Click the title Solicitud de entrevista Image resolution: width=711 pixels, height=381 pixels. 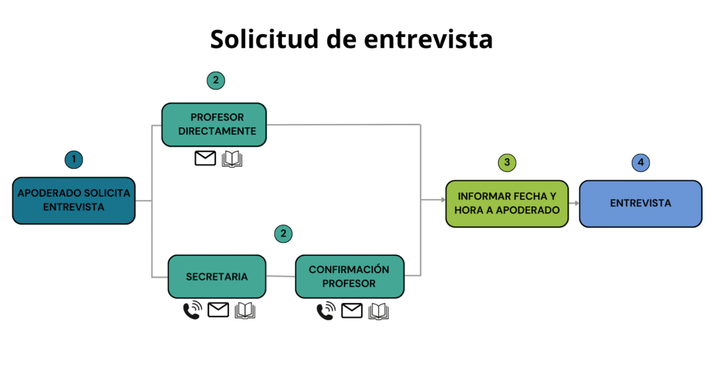[x=351, y=39]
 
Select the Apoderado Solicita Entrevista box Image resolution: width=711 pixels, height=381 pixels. [x=74, y=200]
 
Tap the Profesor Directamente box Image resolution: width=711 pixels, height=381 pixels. [x=214, y=124]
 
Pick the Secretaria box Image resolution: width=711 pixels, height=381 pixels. [x=217, y=277]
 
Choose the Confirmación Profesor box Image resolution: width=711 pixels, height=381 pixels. [x=349, y=277]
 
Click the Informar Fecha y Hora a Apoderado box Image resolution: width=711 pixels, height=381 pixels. [x=507, y=204]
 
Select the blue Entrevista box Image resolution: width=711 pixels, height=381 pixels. [x=640, y=204]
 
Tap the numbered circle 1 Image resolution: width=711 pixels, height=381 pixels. [x=74, y=159]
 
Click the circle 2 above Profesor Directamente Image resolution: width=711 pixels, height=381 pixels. [x=216, y=81]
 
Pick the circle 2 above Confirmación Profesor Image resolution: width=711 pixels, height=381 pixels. [x=283, y=234]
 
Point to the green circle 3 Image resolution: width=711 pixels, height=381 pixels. [x=507, y=163]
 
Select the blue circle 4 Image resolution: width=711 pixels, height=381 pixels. [x=640, y=163]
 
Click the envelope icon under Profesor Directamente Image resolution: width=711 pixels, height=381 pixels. [x=206, y=159]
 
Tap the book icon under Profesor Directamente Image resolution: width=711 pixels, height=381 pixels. [x=232, y=159]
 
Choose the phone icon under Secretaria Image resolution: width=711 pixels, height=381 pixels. [x=192, y=311]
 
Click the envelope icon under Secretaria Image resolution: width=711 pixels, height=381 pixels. [x=218, y=310]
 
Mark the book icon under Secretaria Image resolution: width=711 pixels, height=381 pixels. [x=245, y=311]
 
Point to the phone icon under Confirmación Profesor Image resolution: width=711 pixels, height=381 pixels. [x=325, y=311]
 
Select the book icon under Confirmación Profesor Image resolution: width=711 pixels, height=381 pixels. [x=378, y=311]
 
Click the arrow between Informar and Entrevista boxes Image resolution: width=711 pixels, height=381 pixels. [x=574, y=204]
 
